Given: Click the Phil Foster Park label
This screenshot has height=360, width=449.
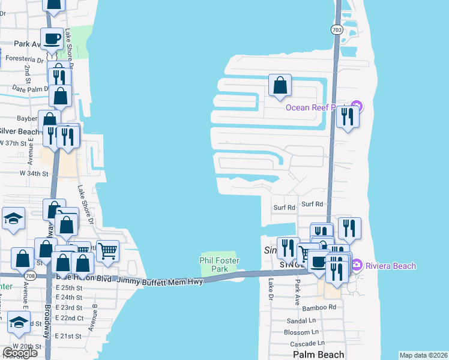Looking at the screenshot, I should point(220,264).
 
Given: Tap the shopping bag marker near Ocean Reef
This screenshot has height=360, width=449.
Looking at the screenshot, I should point(280,85).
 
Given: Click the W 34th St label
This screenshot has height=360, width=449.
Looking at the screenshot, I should point(34,173).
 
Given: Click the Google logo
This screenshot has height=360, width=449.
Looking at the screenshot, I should point(20,353).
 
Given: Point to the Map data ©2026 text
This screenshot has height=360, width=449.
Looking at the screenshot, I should point(423,355).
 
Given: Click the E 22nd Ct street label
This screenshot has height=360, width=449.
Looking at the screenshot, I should point(69,317).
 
